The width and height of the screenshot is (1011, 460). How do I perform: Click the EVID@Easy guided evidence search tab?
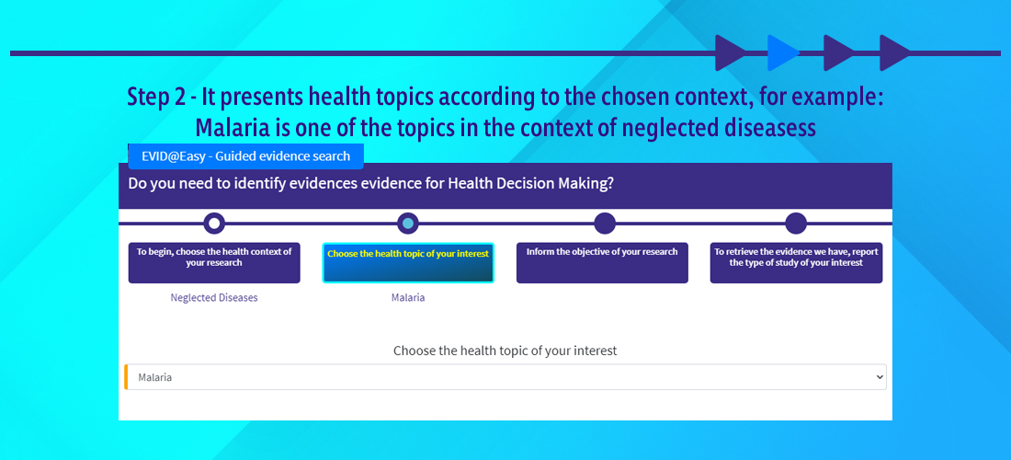tap(245, 156)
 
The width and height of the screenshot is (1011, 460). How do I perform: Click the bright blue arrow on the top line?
tap(783, 53)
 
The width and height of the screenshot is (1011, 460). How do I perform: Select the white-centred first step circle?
tap(214, 224)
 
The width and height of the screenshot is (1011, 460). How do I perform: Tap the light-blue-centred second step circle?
tap(407, 224)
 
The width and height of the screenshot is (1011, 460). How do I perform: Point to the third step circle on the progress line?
tap(604, 224)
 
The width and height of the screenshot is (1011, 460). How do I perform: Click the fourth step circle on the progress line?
tap(796, 224)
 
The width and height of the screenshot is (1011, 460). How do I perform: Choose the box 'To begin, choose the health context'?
tap(214, 262)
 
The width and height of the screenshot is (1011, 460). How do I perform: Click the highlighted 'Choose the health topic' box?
tap(408, 262)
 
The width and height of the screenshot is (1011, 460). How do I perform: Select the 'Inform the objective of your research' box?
tap(602, 262)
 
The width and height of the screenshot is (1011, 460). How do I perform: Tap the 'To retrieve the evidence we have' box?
tap(796, 262)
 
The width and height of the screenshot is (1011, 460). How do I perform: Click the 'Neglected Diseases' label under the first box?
tap(214, 298)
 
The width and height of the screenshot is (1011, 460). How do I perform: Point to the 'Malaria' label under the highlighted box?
tap(408, 298)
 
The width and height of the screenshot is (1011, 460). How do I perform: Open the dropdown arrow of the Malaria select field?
tap(880, 377)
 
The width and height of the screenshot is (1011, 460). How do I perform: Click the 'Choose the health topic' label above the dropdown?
tap(505, 351)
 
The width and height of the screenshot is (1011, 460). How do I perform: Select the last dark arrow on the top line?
tap(895, 53)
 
